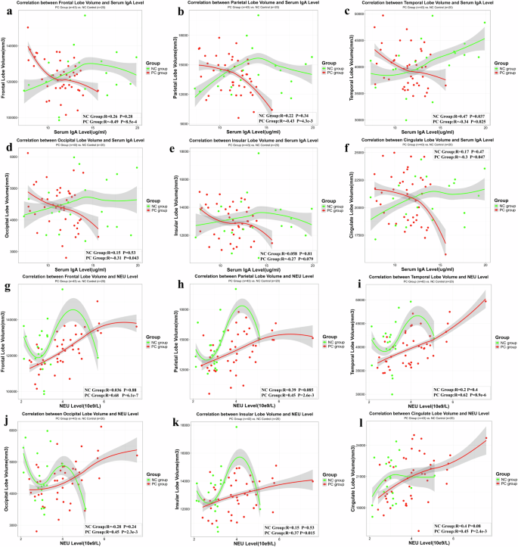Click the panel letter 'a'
click(10, 13)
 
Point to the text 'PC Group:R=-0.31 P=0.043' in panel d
click(112, 259)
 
